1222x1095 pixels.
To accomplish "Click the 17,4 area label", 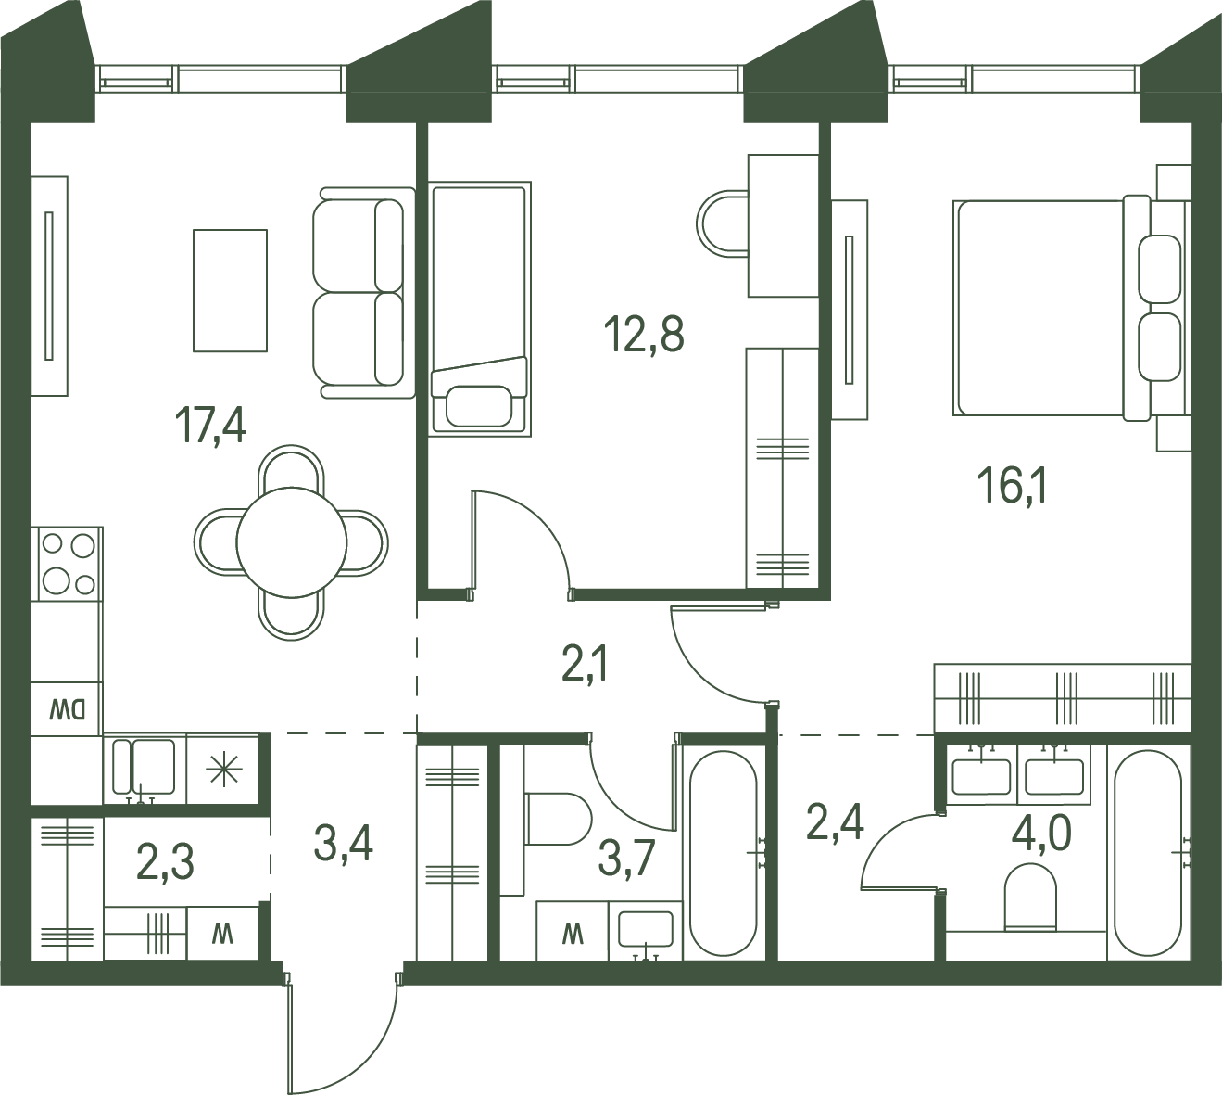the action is point(210,425).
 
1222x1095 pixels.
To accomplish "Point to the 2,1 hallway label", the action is point(586,662).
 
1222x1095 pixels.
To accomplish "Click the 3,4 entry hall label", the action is point(343,844).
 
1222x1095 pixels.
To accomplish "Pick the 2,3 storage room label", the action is point(165,861).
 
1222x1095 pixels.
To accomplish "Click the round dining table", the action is point(291,542).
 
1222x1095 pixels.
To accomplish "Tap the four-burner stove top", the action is point(67,563).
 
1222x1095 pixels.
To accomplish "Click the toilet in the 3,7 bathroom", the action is point(558,819).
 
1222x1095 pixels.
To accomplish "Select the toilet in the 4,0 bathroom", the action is point(1031,896).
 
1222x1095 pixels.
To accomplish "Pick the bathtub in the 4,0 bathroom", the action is point(1148,853).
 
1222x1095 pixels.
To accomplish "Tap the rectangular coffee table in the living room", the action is point(230,290).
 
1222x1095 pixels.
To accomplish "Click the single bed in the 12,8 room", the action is point(480,309).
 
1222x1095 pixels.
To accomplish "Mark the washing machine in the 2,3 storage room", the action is point(222,935).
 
